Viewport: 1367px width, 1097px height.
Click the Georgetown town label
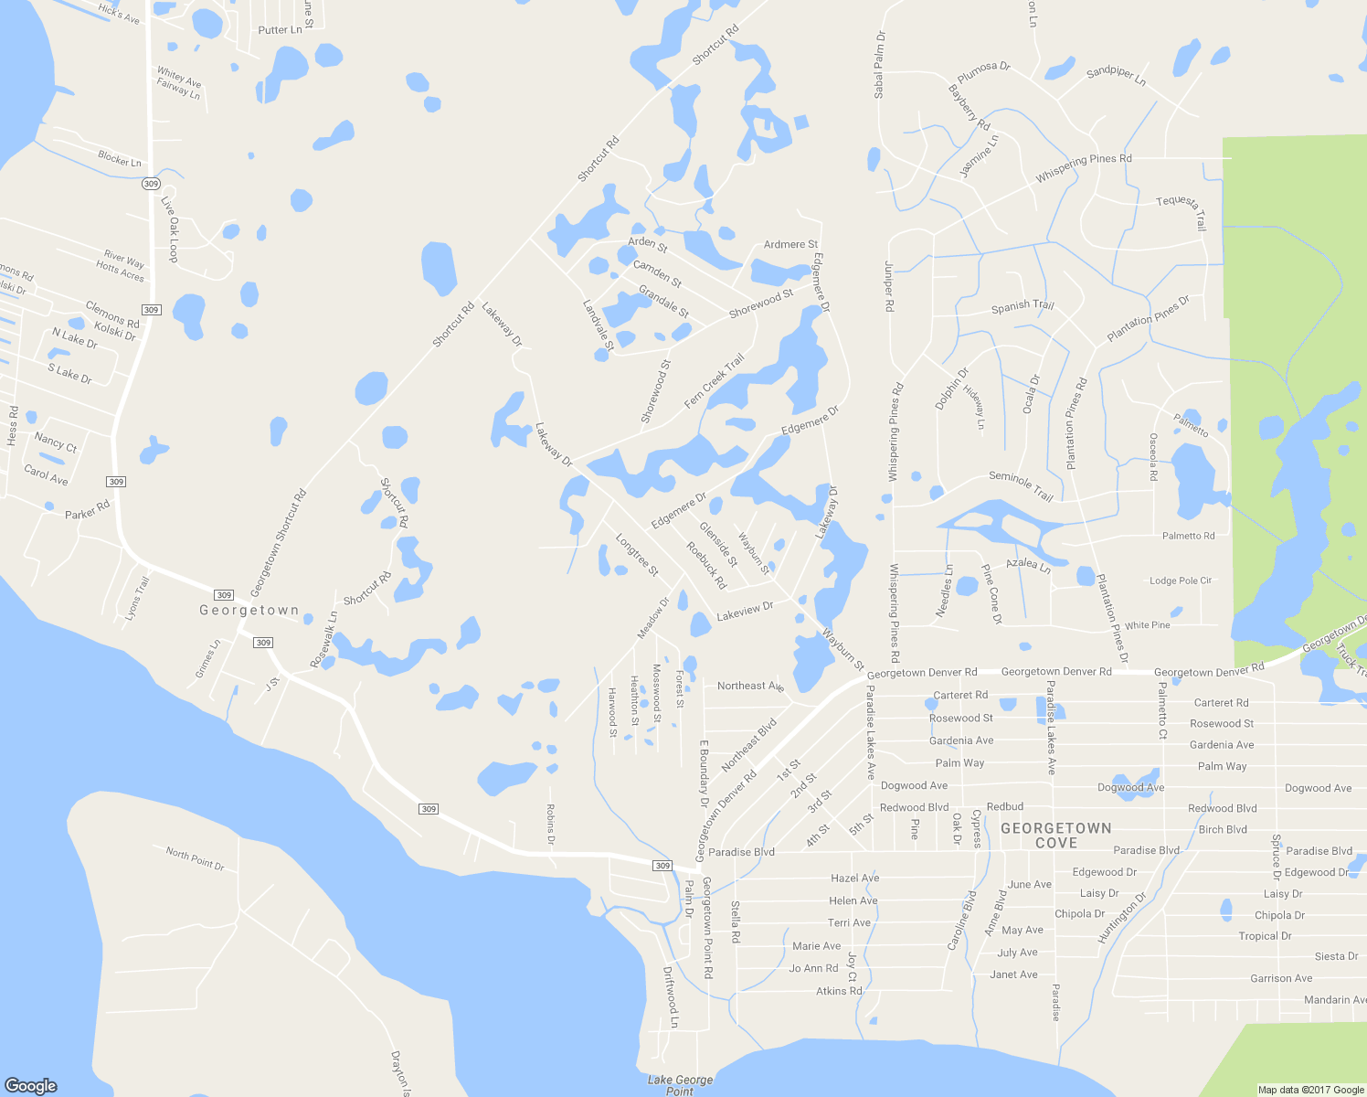pyautogui.click(x=249, y=610)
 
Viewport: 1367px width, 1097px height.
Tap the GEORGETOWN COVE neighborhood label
pyautogui.click(x=1056, y=836)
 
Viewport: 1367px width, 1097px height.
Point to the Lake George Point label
pyautogui.click(x=680, y=1085)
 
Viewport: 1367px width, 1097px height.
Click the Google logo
pyautogui.click(x=30, y=1085)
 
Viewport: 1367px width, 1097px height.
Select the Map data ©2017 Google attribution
pyautogui.click(x=1310, y=1090)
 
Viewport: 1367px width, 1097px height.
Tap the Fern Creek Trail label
pyautogui.click(x=714, y=381)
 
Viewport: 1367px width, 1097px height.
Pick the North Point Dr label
pyautogui.click(x=195, y=858)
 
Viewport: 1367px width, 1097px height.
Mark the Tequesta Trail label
pyautogui.click(x=1182, y=211)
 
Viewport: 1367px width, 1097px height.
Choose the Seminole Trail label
pyautogui.click(x=1022, y=485)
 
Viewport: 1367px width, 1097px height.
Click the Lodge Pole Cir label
pyautogui.click(x=1180, y=580)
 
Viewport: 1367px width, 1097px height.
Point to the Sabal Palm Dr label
pyautogui.click(x=879, y=65)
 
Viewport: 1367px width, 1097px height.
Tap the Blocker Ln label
pyautogui.click(x=120, y=158)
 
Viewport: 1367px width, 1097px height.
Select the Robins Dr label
pyautogui.click(x=550, y=824)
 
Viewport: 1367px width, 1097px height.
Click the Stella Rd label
pyautogui.click(x=736, y=921)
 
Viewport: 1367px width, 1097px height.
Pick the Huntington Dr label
pyautogui.click(x=1122, y=917)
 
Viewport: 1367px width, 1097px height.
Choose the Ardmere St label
pyautogui.click(x=790, y=244)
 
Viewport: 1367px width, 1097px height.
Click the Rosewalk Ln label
pyautogui.click(x=323, y=639)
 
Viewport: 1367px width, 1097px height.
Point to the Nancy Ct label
pyautogui.click(x=56, y=442)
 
